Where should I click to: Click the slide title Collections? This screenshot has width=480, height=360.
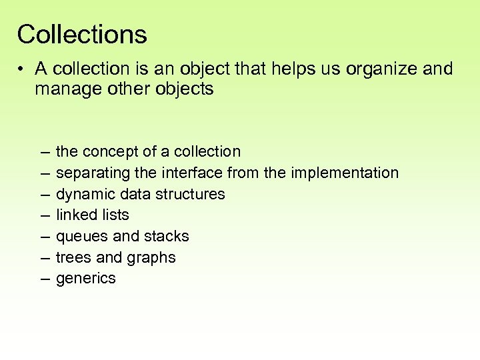coord(82,34)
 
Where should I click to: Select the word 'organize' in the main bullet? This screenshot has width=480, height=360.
coord(376,69)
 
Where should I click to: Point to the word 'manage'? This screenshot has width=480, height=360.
coord(67,89)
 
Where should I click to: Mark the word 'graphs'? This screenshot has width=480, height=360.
coord(153,258)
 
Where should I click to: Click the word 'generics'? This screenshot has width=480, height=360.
coord(86,279)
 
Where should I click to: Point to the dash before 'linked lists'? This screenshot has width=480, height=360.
coord(45,215)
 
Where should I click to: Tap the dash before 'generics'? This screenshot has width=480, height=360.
coord(45,279)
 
